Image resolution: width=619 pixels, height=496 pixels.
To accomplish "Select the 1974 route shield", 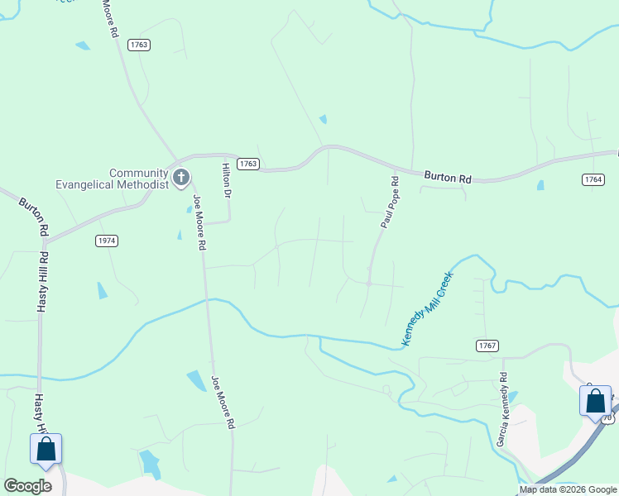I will click(106, 241).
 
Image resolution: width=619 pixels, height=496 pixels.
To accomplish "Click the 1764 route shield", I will click(593, 179).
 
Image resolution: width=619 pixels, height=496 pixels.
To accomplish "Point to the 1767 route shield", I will click(487, 344).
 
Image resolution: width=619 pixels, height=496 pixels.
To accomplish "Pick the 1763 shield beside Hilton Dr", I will click(247, 164).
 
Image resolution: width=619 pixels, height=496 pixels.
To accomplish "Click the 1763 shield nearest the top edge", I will click(139, 45).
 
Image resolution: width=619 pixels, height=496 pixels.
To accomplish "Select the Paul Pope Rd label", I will click(390, 202).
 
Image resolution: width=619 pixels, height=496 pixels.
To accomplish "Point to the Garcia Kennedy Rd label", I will click(501, 409).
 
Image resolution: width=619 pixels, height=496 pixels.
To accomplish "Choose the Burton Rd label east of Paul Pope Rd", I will click(448, 176).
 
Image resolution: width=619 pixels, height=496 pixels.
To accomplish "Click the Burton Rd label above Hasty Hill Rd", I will click(32, 217).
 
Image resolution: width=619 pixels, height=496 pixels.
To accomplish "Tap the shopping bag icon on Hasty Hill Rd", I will click(46, 451).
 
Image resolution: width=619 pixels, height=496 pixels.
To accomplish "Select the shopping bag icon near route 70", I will click(595, 402).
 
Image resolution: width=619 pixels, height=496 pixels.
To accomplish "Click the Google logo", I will click(27, 486).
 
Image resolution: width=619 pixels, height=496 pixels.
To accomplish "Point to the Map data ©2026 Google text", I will click(567, 489).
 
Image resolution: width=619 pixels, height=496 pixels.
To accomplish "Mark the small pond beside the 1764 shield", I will click(540, 185).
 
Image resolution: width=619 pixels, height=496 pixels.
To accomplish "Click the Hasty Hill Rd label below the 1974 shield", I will click(41, 281).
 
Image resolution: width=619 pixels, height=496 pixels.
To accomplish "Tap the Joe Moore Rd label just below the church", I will click(199, 223).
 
